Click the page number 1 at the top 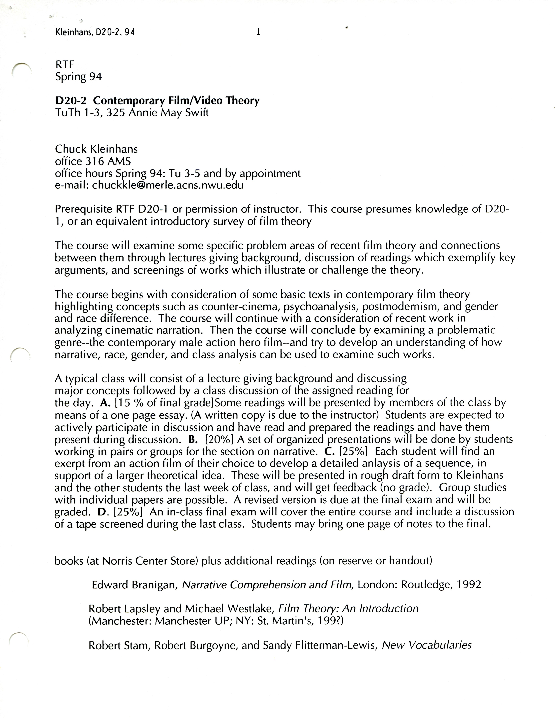coord(258,32)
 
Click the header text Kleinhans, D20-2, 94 coord(95,32)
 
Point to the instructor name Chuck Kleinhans coord(96,149)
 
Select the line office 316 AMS coord(93,161)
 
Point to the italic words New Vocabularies coord(426,645)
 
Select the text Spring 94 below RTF coord(78,77)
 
